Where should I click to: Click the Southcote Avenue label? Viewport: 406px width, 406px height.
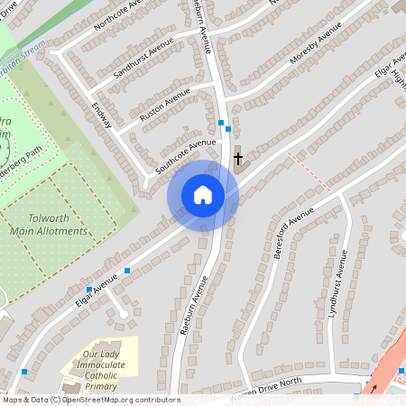point(186,154)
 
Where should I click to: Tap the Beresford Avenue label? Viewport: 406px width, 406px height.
point(291,233)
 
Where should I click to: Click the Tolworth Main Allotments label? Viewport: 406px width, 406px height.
point(49,225)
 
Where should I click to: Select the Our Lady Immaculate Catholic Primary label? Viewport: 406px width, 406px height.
point(102,370)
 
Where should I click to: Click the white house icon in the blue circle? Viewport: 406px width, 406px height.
point(203,195)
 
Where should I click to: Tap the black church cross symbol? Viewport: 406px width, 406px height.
point(239,159)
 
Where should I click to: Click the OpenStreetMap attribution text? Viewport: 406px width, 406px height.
point(90,400)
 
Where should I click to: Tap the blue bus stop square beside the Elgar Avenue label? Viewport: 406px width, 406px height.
point(127,271)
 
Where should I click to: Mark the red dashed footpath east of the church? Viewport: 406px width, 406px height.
point(307,171)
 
